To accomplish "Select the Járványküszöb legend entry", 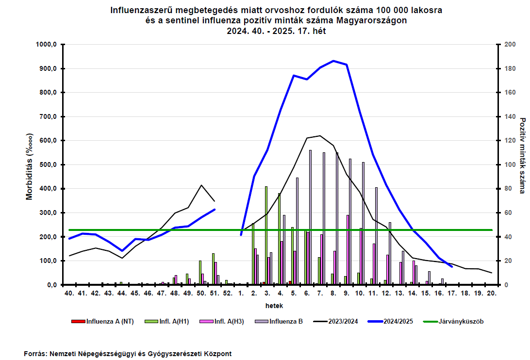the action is [454, 322].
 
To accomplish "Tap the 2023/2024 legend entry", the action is [336, 322].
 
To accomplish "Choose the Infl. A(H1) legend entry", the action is [166, 322].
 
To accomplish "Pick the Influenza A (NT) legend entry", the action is [102, 322].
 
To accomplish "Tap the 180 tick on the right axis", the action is [510, 68].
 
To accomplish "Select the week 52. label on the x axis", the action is [228, 294].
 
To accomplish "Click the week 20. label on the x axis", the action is [492, 294].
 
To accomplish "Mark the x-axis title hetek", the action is [274, 306].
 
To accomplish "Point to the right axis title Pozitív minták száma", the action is [523, 155].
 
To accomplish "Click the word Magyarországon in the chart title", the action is [371, 20].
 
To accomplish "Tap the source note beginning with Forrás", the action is [128, 354].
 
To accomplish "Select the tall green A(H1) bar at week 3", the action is [266, 236].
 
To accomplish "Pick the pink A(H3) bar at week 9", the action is [348, 250].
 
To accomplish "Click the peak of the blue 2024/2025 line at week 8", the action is [333, 61].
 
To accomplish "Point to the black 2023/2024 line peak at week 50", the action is [201, 185].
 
